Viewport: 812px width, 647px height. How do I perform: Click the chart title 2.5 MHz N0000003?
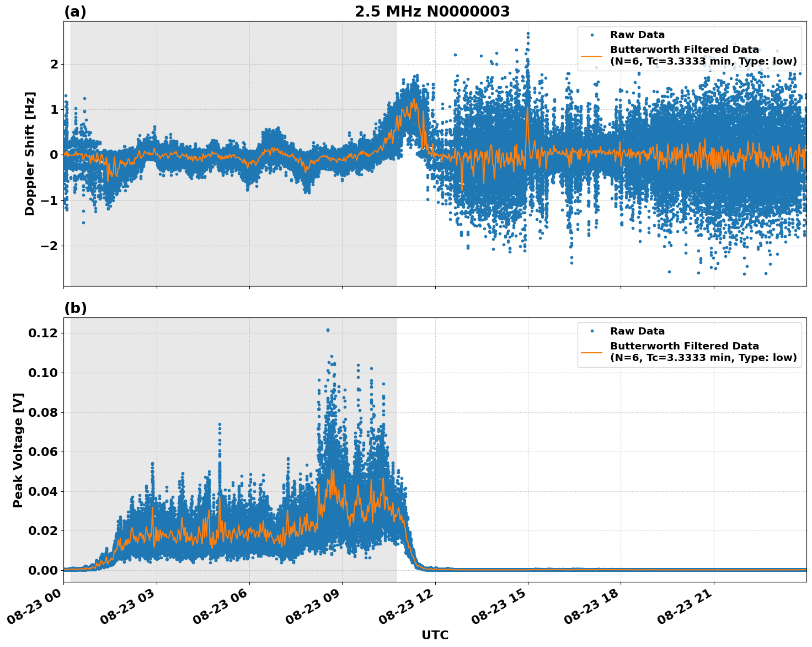432,12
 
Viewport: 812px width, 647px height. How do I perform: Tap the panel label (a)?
75,12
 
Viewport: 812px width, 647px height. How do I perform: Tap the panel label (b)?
75,308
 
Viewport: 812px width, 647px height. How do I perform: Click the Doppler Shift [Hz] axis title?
30,153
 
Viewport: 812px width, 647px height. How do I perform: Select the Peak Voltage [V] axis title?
18,450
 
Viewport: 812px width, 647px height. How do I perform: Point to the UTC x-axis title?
435,635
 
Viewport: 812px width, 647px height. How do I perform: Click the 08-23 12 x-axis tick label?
407,607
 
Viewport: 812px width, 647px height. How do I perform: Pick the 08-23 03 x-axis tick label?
129,607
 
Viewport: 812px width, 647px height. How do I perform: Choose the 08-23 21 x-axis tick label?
686,607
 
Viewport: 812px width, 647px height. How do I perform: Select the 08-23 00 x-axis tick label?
36,607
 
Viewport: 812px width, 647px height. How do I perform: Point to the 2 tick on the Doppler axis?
54,65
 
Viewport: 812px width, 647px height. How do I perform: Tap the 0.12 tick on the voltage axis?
43,333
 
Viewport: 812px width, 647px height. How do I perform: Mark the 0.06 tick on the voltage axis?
43,452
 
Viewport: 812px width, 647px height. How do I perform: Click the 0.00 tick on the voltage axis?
43,570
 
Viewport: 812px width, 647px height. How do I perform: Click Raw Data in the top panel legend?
637,35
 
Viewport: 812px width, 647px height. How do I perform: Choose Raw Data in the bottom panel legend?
637,331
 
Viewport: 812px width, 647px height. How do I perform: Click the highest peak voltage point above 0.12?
328,330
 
